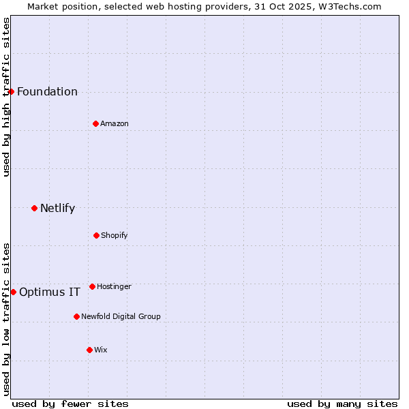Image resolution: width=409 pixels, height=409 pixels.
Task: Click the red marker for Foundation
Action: [11, 91]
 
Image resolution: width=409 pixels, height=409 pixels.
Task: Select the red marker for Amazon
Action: [95, 123]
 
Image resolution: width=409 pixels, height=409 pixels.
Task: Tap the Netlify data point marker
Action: [34, 208]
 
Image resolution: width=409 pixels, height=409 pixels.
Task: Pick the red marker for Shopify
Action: [96, 235]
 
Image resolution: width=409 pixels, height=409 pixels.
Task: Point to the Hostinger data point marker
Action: [92, 286]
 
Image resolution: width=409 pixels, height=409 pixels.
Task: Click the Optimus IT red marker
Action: [13, 292]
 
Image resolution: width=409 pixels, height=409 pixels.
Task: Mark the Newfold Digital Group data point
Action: [76, 316]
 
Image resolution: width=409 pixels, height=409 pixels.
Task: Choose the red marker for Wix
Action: [89, 350]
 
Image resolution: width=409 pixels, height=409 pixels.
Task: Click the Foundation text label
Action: [47, 91]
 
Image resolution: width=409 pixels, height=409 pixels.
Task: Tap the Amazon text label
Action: [115, 123]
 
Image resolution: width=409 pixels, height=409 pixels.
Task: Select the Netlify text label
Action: [57, 208]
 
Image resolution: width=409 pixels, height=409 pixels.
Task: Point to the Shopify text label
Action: [115, 235]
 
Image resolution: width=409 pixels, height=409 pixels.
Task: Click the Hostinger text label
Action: [114, 286]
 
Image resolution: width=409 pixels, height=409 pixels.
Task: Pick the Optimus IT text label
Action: [50, 292]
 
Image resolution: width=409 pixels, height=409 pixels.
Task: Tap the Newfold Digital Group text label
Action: [121, 316]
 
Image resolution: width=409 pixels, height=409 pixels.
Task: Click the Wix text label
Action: [101, 350]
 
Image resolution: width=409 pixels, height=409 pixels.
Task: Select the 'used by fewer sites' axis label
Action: [70, 404]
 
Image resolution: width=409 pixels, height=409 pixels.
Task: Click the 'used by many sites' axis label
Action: [342, 404]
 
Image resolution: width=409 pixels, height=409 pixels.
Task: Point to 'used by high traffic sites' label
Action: [6, 97]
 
